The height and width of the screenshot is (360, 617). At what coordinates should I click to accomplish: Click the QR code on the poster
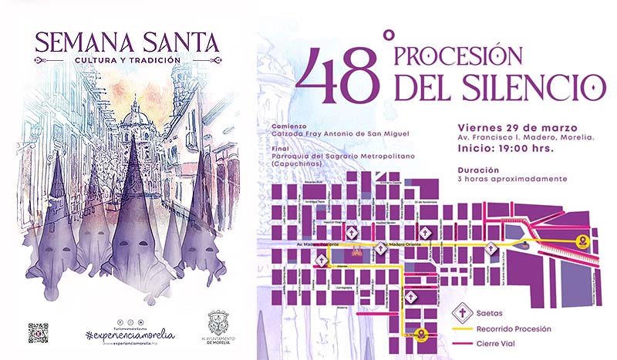coord(38,332)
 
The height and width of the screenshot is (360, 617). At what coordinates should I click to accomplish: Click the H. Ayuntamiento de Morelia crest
coord(218,322)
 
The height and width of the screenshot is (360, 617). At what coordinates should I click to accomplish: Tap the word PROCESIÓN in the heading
coord(458,56)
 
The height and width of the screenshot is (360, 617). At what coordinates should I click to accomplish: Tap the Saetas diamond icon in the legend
coord(462,313)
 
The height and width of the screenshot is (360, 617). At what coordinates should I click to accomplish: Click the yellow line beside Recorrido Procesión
coord(462,329)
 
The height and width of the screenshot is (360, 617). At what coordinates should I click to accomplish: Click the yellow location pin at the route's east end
coord(584,241)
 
